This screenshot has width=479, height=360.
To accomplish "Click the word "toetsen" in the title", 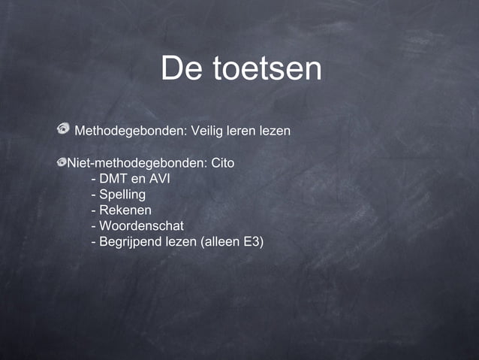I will click(267, 69).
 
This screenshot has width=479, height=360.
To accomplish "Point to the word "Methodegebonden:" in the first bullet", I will click(131, 132).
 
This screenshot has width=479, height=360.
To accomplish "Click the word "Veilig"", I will click(209, 132).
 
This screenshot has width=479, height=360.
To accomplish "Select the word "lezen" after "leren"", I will click(275, 132).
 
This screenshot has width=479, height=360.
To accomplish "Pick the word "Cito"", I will click(223, 162).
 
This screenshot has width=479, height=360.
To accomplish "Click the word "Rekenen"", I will click(125, 210).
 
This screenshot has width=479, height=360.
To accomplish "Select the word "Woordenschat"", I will click(141, 226).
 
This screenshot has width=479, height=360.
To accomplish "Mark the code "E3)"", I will click(254, 242).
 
